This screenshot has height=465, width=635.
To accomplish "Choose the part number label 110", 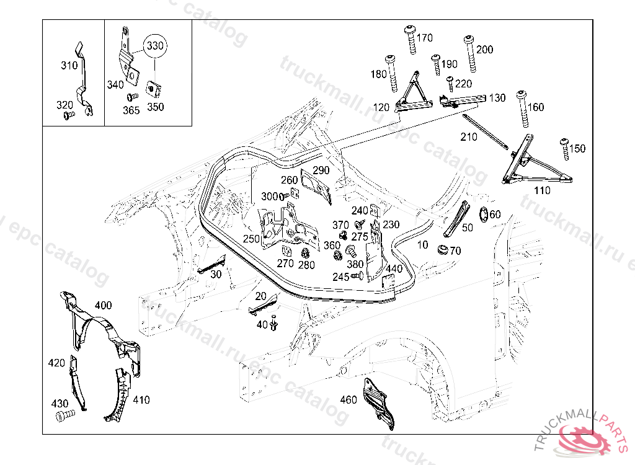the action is pos(541,190).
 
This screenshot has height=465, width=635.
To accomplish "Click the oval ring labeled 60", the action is pos(484,214).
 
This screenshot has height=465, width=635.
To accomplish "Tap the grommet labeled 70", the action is pos(442,250).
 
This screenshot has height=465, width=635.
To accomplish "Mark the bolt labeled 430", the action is pos(63,416).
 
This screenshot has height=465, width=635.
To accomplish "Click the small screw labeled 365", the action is pos(131,97).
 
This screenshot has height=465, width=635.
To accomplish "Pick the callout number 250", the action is pos(251,239).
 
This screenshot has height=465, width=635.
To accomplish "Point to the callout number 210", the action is pos(469,136).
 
